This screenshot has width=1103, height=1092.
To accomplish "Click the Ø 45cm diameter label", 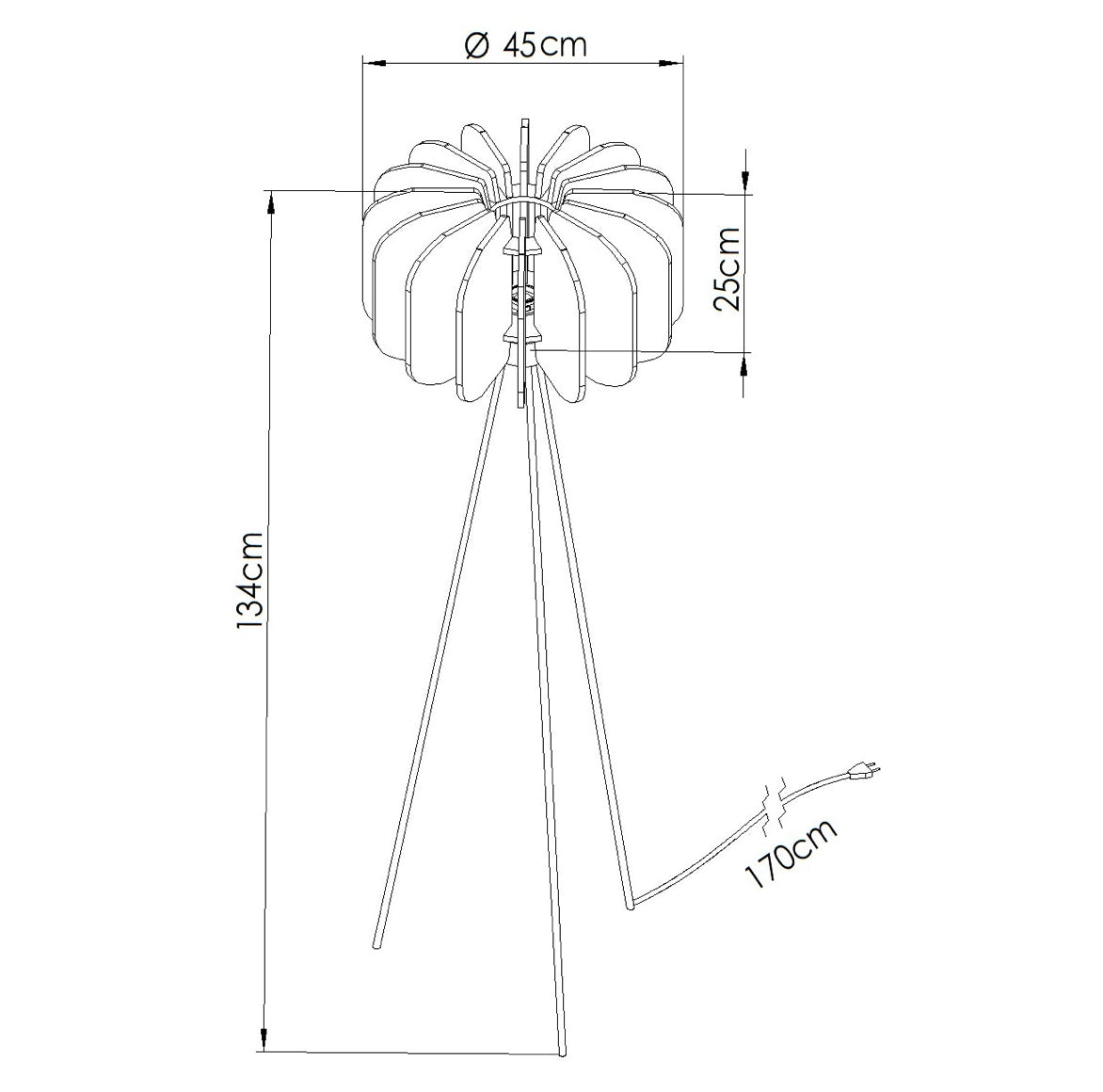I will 525,44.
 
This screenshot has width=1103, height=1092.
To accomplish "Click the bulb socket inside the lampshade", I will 522,297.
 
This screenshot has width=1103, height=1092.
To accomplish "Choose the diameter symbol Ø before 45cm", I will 477,45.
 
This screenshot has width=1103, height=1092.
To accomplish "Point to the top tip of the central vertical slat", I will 523,120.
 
